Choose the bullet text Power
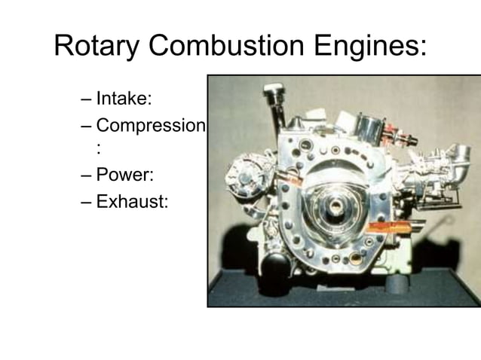click(125, 175)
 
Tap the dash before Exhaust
click(83, 202)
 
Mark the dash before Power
click(83, 176)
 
